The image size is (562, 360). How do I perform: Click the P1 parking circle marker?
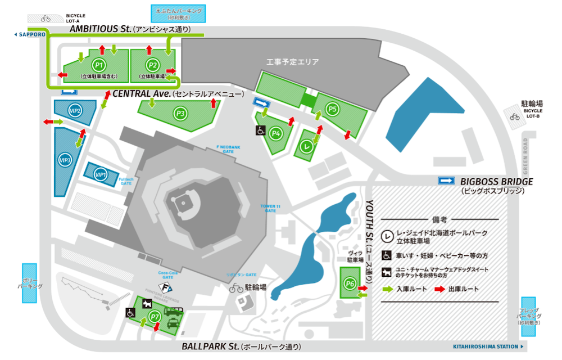coord(99,65)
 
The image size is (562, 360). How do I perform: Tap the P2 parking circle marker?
coord(152,65)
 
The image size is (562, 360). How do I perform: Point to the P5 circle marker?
coord(333,109)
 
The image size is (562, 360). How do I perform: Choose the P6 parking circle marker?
coord(350,284)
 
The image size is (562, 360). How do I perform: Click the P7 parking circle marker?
coord(156,317)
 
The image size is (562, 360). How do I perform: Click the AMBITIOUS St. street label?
coord(100,29)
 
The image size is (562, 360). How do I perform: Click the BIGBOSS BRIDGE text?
coord(496,182)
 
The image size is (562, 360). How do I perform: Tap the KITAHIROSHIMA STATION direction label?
coord(487,346)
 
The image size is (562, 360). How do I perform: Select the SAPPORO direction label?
coord(30,34)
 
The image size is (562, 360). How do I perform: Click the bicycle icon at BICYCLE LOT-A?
coord(45,17)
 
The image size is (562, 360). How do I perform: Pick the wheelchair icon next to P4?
coord(261,130)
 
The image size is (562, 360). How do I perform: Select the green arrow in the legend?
coord(388,289)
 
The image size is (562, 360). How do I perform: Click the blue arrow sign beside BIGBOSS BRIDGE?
coord(447,181)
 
